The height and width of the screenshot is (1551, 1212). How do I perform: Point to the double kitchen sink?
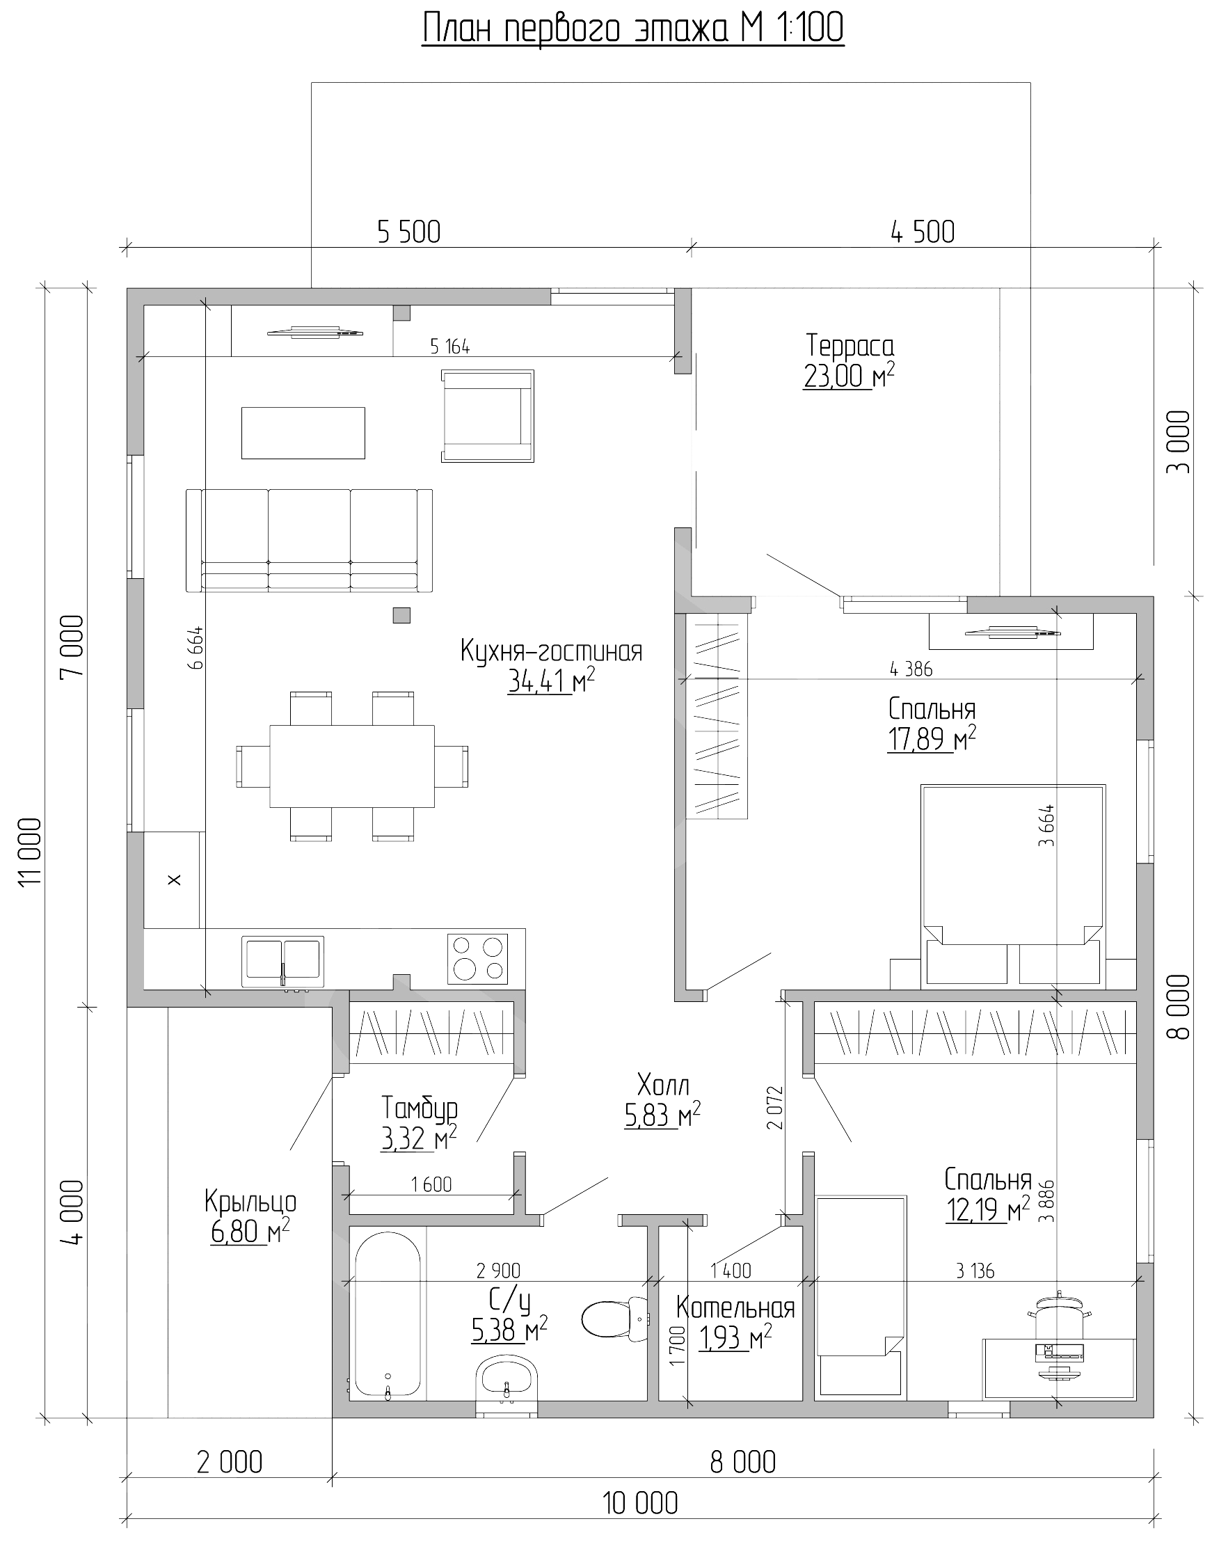(282, 962)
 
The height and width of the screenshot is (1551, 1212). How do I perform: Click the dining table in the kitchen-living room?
(352, 765)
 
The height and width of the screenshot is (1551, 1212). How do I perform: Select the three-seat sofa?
(309, 540)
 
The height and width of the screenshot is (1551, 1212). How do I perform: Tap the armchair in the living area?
(488, 415)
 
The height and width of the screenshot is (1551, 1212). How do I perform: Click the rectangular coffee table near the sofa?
(303, 433)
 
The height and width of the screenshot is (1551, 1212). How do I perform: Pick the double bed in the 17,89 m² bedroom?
(1013, 886)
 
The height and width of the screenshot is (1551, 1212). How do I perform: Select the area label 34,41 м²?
(551, 682)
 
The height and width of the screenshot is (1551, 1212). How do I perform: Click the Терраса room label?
(850, 346)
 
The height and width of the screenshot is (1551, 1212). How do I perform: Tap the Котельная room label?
(735, 1307)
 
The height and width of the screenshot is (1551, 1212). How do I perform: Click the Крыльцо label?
(250, 1202)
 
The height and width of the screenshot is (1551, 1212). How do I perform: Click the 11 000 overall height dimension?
(30, 852)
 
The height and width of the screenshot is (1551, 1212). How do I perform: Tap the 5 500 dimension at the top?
(409, 232)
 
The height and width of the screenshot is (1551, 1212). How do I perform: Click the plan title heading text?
(633, 29)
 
